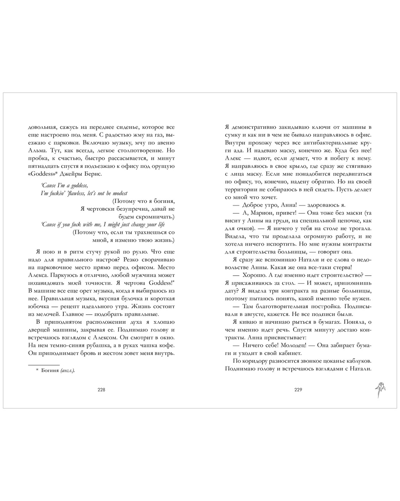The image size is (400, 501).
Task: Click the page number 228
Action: click(101, 390)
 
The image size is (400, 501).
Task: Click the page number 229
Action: click(298, 390)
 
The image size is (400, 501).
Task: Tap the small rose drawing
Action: click(381, 388)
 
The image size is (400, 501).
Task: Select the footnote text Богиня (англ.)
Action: click(58, 371)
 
